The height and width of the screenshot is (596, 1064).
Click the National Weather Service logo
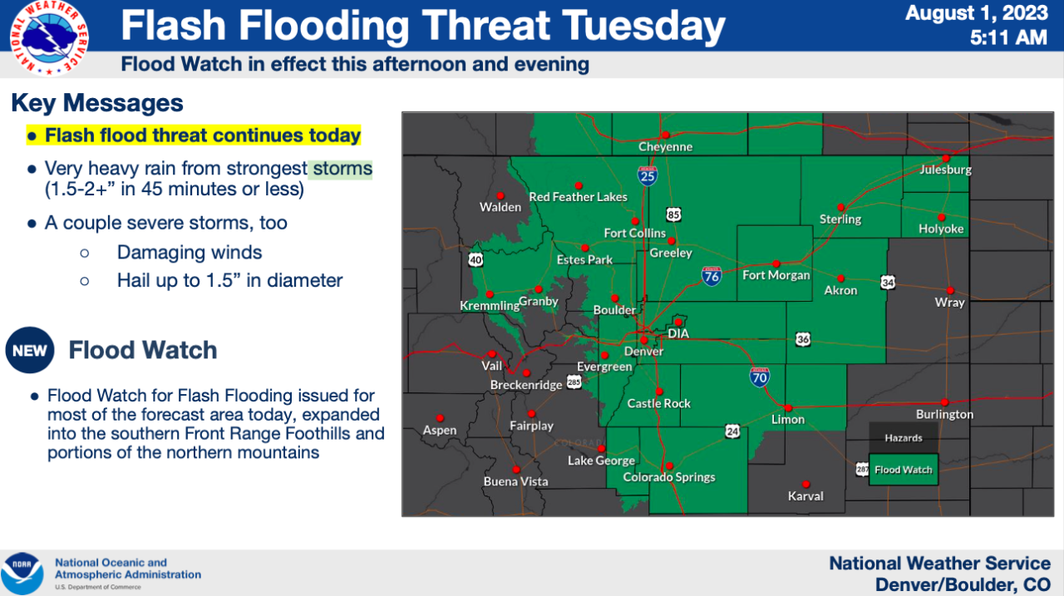(51, 37)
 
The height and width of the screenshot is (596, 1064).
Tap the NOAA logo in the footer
(22, 573)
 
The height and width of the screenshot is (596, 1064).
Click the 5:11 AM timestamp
(1007, 37)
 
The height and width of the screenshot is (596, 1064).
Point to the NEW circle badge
(30, 351)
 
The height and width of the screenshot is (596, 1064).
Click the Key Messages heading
(96, 103)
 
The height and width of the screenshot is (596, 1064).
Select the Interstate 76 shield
(712, 276)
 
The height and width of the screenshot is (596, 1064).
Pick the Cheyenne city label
(665, 147)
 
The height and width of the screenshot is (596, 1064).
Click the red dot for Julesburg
(946, 158)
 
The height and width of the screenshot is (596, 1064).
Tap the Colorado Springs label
(669, 477)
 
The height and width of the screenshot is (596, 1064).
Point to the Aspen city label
(440, 430)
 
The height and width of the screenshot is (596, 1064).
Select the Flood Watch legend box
(903, 470)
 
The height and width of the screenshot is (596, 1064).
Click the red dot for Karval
(805, 484)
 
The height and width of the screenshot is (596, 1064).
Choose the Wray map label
(949, 303)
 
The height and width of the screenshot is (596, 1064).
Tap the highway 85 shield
(673, 214)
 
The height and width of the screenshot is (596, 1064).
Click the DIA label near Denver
(679, 334)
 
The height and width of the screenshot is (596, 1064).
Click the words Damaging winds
(190, 253)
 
